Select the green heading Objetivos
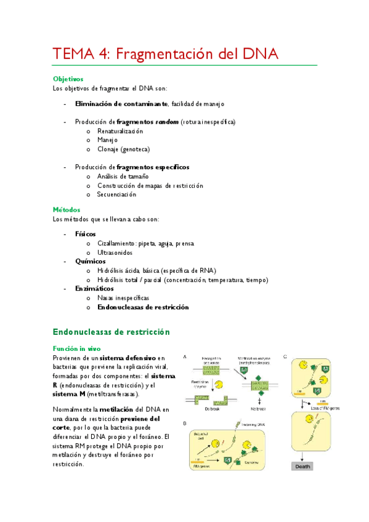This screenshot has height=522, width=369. pos(68,79)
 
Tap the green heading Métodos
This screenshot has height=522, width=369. pos(67,210)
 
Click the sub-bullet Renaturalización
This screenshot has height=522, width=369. pos(120,131)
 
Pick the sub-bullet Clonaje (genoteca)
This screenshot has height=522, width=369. pos(123,149)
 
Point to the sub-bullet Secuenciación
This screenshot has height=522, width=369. pos(116,195)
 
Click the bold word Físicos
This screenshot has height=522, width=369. pos(86,235)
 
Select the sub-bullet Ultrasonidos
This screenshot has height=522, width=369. pos(115,252)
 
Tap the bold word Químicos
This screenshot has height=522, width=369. pos(90,262)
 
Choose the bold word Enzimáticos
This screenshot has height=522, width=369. pos(94,289)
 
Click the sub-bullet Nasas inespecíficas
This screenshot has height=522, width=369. pos(123,298)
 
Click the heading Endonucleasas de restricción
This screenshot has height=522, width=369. pos(111,332)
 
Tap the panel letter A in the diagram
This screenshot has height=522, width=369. pos(184,356)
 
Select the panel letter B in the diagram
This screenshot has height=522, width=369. pos(184,424)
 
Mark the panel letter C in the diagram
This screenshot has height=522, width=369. pos(285,356)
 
